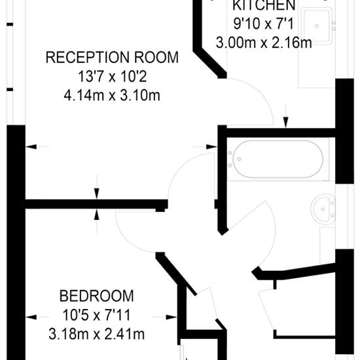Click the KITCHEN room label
[264, 5]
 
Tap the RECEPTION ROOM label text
[112, 58]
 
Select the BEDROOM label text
[97, 296]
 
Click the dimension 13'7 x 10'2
[113, 77]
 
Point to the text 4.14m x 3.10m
[112, 96]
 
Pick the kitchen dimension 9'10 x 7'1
[264, 24]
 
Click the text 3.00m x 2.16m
[264, 43]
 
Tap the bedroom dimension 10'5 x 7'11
[97, 315]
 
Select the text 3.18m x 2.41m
[97, 334]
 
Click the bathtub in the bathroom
[278, 159]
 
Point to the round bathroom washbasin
[323, 209]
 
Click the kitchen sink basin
[317, 26]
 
